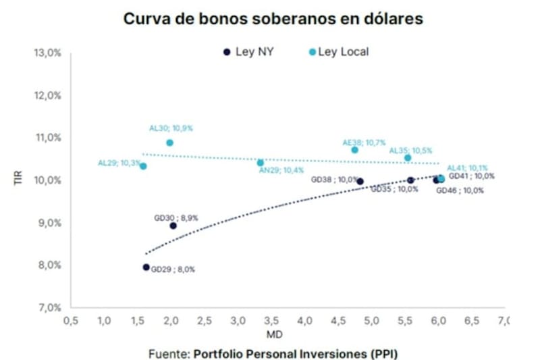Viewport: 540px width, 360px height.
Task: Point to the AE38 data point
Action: [355, 150]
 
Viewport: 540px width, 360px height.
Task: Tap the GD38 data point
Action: [360, 181]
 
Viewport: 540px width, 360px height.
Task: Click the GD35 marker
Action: [410, 180]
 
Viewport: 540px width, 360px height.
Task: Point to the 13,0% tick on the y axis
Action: [47, 53]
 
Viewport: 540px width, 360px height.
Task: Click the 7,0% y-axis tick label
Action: [49, 307]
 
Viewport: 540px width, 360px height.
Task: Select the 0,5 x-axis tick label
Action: [70, 320]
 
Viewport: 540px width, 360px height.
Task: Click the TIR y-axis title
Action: [19, 180]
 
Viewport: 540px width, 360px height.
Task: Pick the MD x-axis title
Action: [288, 334]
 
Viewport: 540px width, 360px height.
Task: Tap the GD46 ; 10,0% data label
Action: [460, 191]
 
